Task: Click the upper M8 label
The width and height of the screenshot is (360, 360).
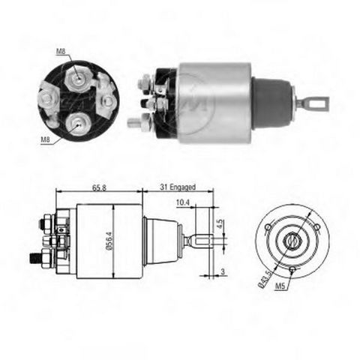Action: click(x=61, y=52)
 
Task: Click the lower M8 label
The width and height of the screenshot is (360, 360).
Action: click(x=46, y=140)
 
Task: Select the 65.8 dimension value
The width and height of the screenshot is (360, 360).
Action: click(x=99, y=187)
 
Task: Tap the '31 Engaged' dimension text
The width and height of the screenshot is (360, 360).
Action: click(x=178, y=187)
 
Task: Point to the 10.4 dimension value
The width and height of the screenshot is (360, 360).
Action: click(x=183, y=202)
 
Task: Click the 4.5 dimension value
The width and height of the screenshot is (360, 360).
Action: click(x=219, y=223)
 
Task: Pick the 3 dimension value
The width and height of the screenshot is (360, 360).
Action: click(x=223, y=271)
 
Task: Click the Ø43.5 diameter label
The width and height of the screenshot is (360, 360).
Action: click(x=265, y=279)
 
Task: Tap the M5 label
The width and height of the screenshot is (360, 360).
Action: click(x=280, y=286)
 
